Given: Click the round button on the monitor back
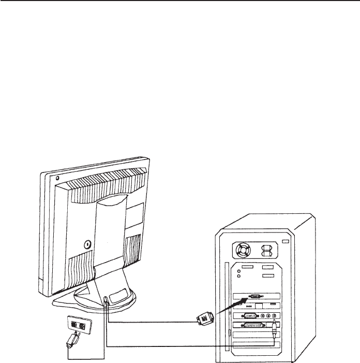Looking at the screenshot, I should tap(87, 241).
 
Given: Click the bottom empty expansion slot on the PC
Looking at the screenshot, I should tap(256, 345).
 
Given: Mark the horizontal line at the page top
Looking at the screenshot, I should tap(180, 2).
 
